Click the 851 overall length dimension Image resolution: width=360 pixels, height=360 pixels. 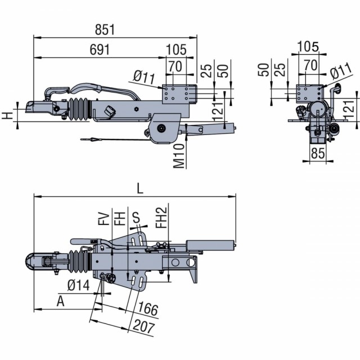(x=105, y=30)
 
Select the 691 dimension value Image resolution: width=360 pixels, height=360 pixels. (x=100, y=49)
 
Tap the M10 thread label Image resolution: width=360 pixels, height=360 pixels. (x=179, y=156)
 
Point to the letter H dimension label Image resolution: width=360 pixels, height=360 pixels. (x=7, y=116)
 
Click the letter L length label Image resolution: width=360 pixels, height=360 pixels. (x=140, y=189)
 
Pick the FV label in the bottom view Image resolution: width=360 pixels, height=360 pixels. (x=105, y=219)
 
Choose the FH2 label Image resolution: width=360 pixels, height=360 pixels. (x=161, y=218)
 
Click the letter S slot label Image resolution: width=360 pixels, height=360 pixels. (x=136, y=218)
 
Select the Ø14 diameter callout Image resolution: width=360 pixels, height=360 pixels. (x=79, y=286)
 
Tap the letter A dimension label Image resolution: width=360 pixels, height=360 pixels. (x=60, y=301)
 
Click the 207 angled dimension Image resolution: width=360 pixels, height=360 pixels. (x=144, y=327)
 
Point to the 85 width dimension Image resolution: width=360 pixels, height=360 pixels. (x=318, y=153)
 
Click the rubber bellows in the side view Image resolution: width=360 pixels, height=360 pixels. (x=78, y=109)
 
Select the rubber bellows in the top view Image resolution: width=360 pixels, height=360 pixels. (x=78, y=262)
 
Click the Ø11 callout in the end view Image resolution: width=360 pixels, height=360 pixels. (x=341, y=71)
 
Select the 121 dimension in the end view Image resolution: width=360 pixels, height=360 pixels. (x=349, y=109)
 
